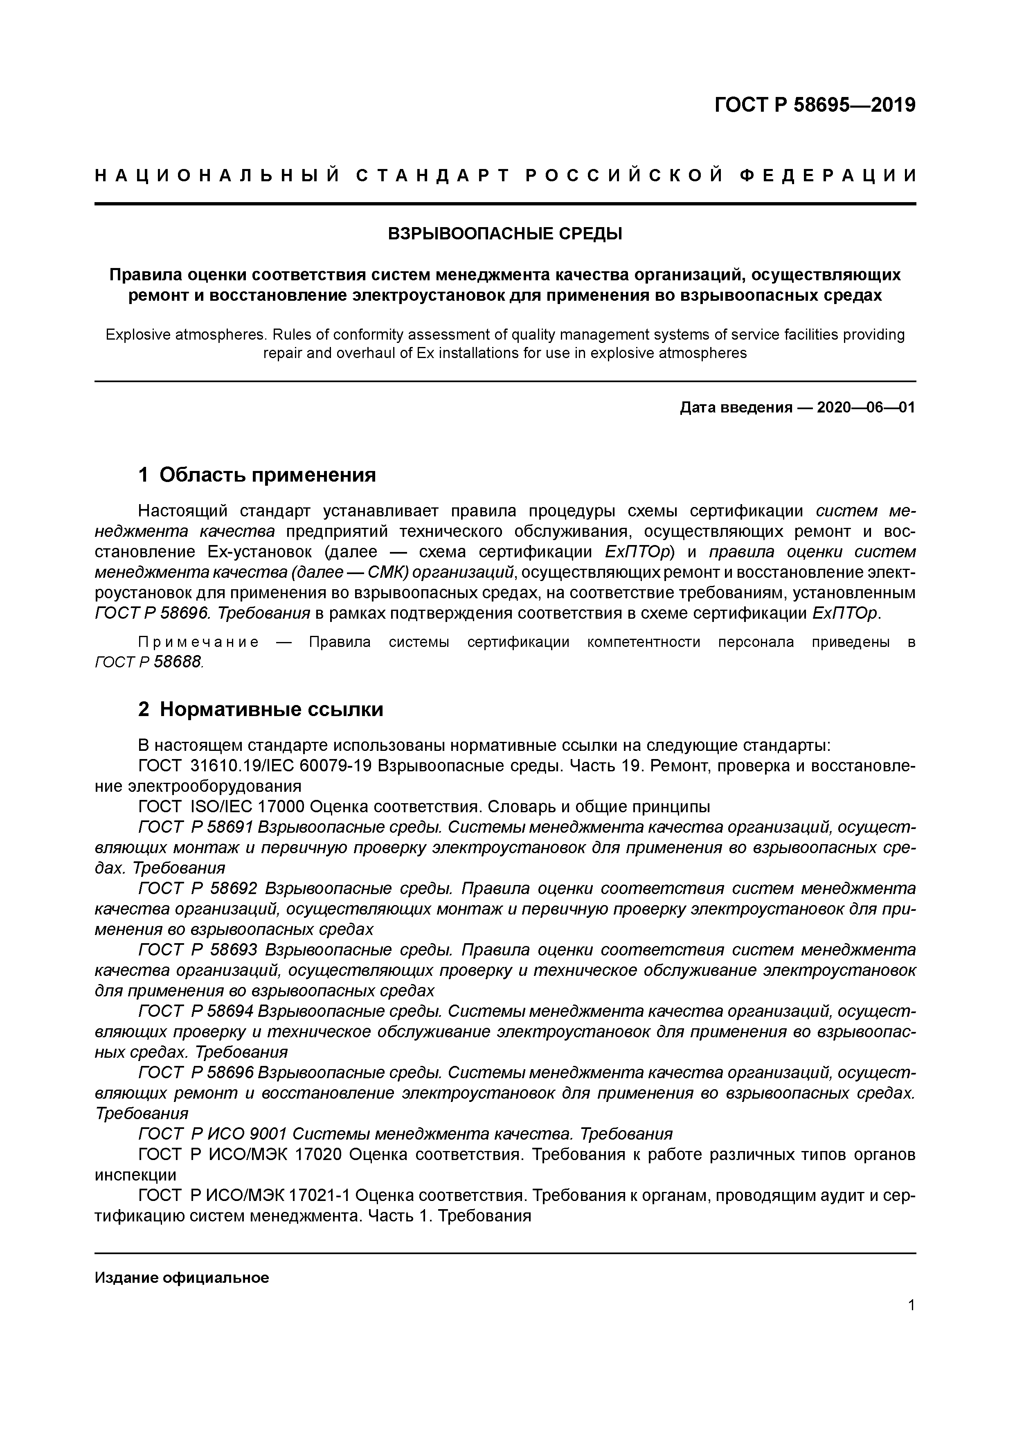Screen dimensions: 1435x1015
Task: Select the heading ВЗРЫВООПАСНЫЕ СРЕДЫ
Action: pos(505,234)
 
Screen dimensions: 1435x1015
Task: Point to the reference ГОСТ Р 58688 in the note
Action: pos(149,661)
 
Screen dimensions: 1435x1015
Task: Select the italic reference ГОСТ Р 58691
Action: pos(195,827)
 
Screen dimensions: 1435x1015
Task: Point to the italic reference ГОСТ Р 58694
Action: pos(195,1011)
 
